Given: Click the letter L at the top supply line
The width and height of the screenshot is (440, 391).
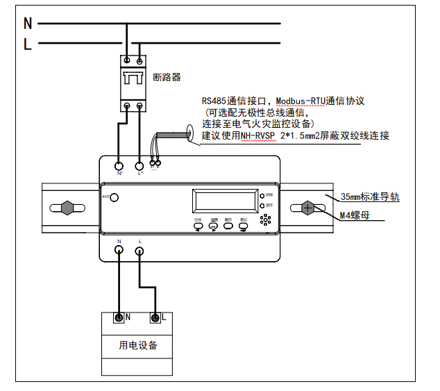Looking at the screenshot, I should [28, 44].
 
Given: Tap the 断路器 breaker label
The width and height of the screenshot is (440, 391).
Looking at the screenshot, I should [167, 77].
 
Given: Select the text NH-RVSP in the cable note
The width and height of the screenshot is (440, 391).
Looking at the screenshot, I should [257, 135].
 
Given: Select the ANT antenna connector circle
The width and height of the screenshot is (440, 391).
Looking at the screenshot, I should [115, 198].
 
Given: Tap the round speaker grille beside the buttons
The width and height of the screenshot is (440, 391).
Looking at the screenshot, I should [266, 219].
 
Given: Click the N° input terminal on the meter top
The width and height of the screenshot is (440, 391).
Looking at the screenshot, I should [119, 166].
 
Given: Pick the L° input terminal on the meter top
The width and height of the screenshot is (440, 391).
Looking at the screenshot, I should [139, 166].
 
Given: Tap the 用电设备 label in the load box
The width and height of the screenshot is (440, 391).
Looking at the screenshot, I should [138, 345].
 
